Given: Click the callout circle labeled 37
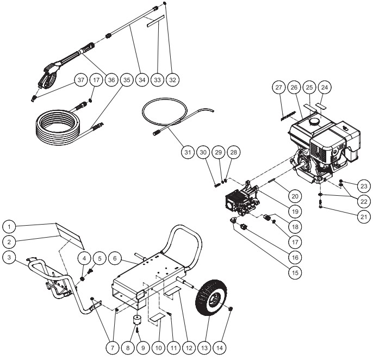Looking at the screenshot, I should [x=81, y=79].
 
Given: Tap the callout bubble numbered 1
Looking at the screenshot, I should [x=9, y=224].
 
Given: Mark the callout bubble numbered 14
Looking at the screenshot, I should [x=228, y=346].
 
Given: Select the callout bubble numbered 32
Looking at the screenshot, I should [x=173, y=79].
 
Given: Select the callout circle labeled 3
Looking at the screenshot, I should [x=9, y=255].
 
